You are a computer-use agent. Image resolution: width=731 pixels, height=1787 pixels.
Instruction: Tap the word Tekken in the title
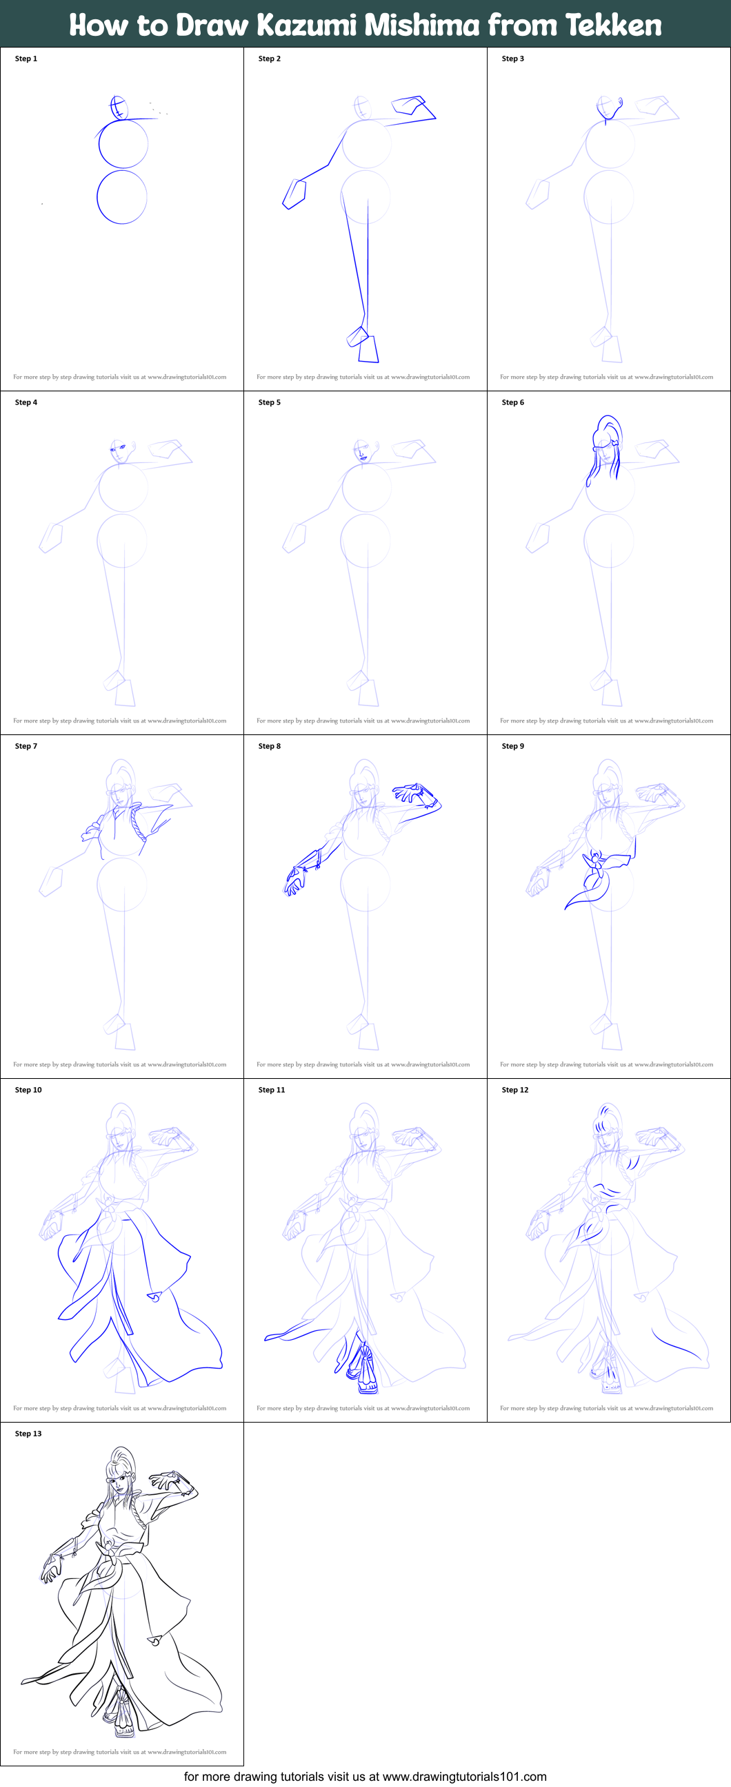(613, 25)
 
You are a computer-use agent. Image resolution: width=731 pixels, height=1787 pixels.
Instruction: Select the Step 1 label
(26, 59)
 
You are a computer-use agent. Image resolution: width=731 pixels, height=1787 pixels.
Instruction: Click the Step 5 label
(270, 402)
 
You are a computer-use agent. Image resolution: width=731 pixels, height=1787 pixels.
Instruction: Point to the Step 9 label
(513, 746)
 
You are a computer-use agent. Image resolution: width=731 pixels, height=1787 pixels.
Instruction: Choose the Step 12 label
(515, 1090)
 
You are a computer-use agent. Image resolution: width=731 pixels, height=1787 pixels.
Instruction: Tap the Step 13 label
(28, 1433)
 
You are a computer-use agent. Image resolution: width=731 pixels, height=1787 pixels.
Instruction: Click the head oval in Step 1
(119, 108)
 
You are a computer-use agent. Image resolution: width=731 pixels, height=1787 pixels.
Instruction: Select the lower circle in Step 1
(121, 197)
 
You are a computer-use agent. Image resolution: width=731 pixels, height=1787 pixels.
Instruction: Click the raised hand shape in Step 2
(411, 105)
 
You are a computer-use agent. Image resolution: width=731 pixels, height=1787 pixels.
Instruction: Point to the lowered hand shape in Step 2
(294, 194)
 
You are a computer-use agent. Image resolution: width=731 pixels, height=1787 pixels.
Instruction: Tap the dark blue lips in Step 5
(362, 457)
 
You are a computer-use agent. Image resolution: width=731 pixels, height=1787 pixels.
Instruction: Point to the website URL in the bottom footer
(463, 1777)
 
